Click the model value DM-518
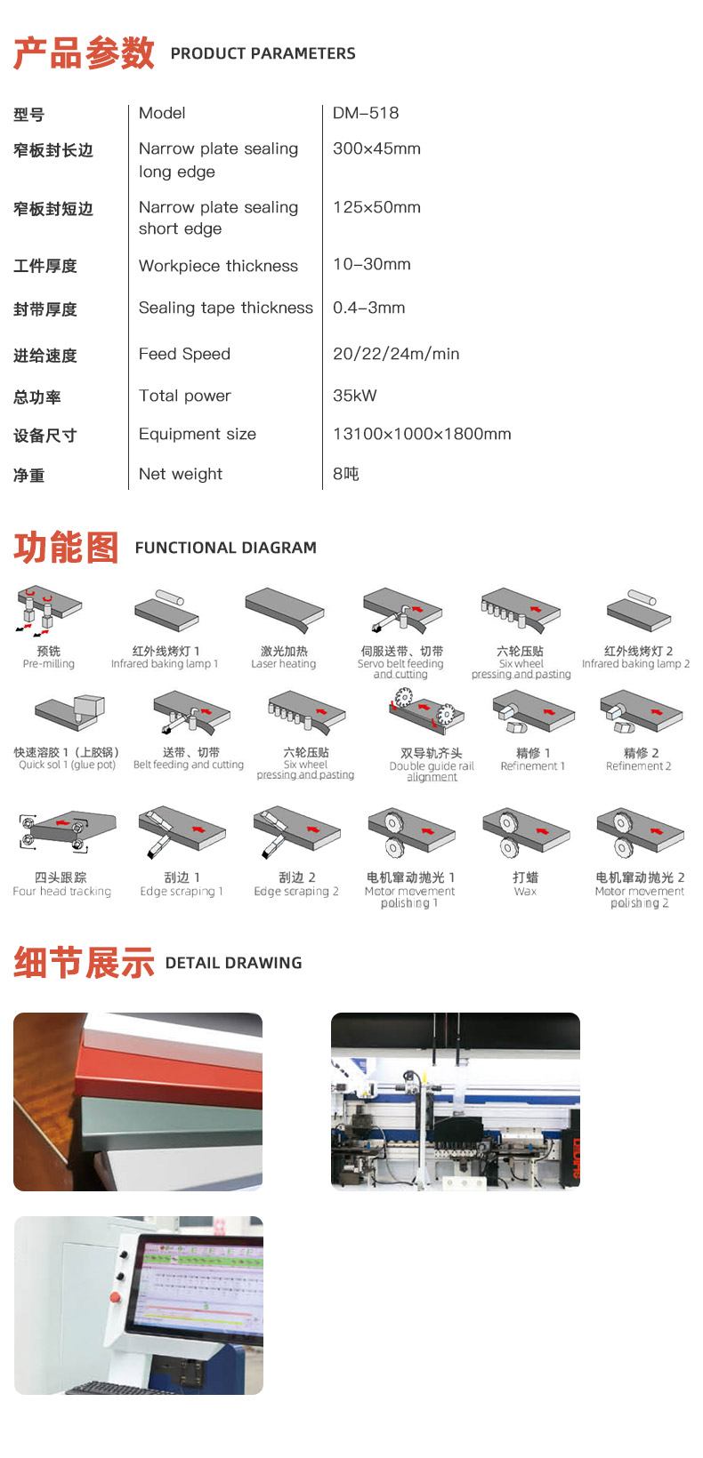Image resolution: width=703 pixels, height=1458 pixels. click(x=366, y=113)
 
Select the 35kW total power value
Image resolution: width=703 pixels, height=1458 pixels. click(x=354, y=396)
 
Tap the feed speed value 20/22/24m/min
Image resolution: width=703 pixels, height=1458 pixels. click(x=396, y=354)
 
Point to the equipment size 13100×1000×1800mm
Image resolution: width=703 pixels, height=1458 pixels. click(x=422, y=434)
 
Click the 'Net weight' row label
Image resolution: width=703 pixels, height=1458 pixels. click(x=181, y=474)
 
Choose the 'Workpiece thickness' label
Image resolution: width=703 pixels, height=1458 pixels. click(x=218, y=266)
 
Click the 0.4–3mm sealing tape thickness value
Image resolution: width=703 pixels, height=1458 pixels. click(x=368, y=308)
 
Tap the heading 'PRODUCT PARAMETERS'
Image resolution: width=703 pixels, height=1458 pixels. click(x=263, y=53)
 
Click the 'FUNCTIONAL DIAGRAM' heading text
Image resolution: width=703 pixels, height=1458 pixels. click(x=225, y=548)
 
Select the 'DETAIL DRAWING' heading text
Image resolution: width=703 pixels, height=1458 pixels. click(x=233, y=963)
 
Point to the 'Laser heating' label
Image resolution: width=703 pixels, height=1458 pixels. click(x=283, y=664)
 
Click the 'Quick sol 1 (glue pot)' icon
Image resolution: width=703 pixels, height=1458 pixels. click(x=69, y=714)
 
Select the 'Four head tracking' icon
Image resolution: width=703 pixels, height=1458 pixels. click(x=67, y=831)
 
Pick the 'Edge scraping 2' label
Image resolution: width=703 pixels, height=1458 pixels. click(x=296, y=892)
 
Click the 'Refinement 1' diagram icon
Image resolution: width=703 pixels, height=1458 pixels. click(x=533, y=712)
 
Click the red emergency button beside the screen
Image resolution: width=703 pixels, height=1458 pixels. click(x=116, y=1298)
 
